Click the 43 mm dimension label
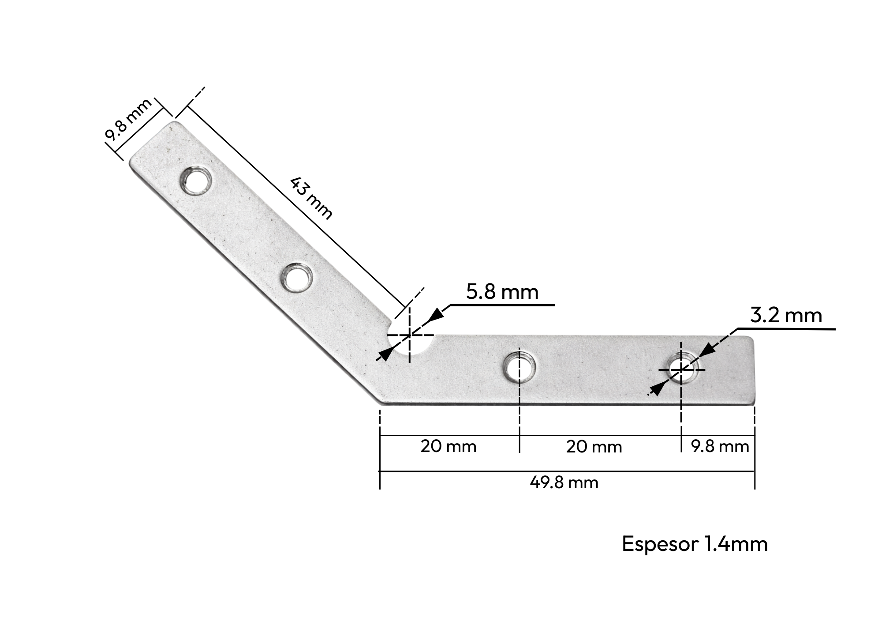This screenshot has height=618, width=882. pos(311,198)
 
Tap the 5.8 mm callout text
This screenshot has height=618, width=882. pos(502,292)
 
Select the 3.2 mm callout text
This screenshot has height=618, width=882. pos(786,316)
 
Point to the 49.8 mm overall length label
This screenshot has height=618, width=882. pos(564,483)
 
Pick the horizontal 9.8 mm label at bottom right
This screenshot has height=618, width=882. pos(720,447)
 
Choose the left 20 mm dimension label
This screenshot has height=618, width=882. pos(448,447)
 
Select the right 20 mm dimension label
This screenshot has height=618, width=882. pos(594,447)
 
